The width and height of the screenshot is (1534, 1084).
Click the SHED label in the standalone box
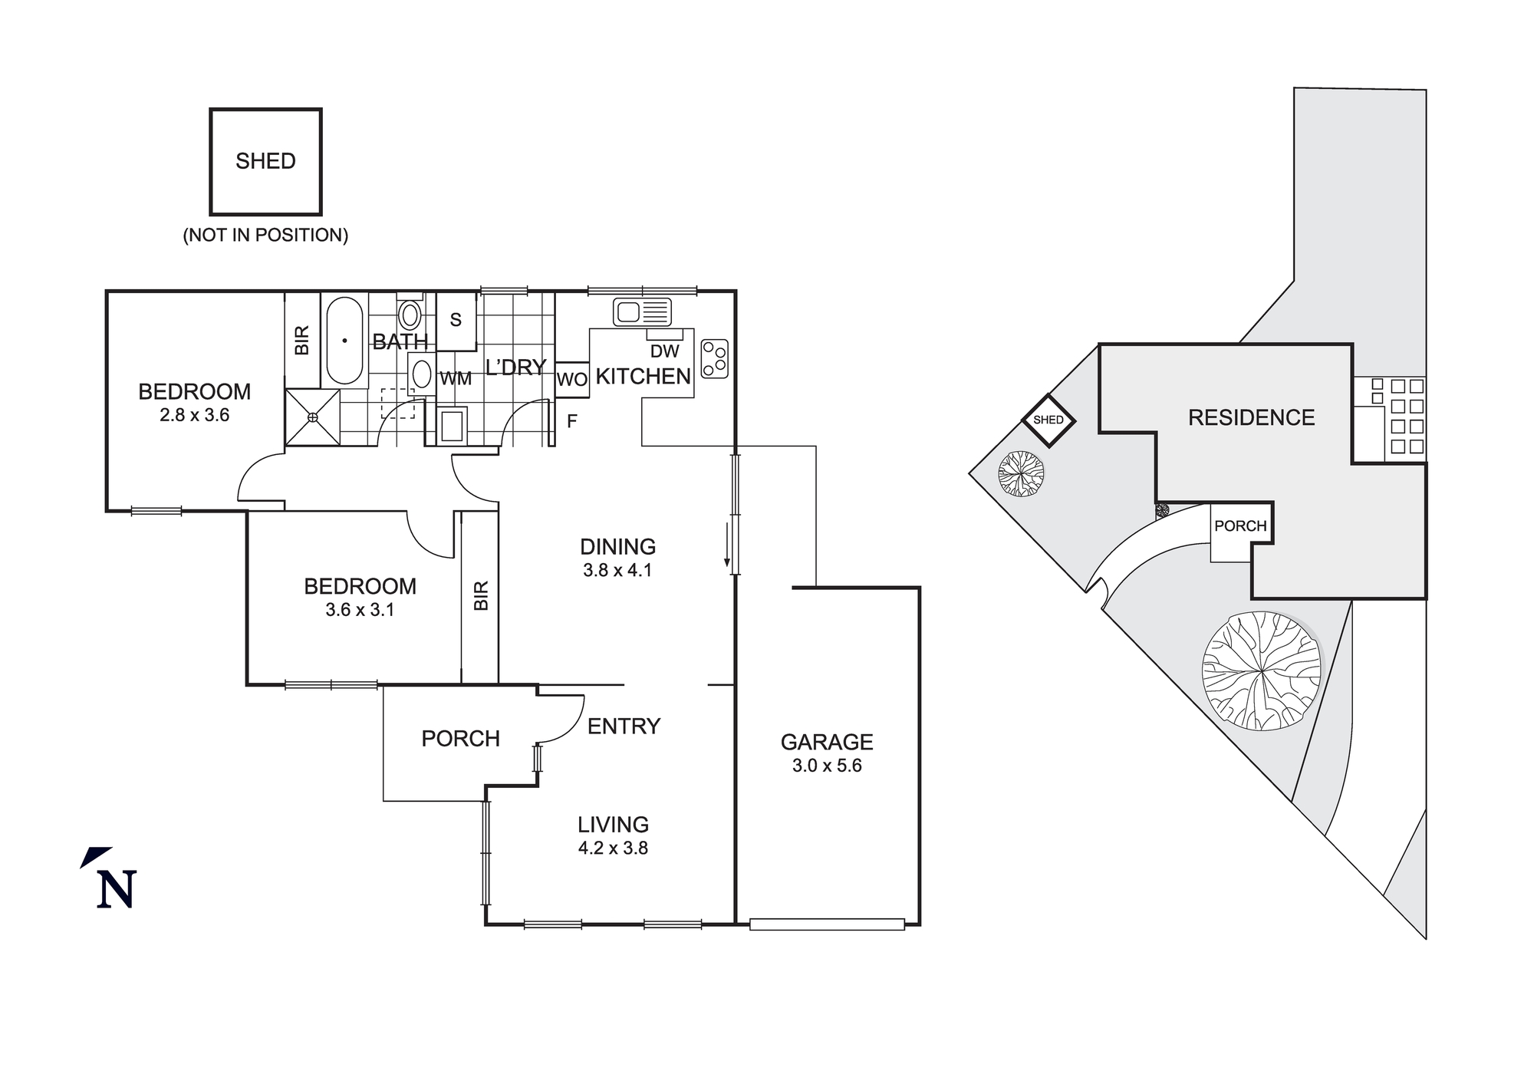click(x=265, y=161)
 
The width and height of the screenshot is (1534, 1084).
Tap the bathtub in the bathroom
click(x=344, y=341)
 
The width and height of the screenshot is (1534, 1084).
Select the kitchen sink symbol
click(x=642, y=312)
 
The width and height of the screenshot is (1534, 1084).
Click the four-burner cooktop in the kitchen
click(x=714, y=359)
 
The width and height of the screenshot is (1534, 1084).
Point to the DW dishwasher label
click(x=664, y=351)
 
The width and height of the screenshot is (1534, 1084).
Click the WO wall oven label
click(x=571, y=380)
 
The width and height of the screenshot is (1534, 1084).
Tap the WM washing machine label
click(x=456, y=379)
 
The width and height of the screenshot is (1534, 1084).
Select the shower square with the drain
click(x=312, y=417)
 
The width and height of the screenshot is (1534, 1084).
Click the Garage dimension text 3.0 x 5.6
click(x=827, y=766)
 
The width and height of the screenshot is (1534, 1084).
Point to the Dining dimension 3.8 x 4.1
click(x=617, y=570)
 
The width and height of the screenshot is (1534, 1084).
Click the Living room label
click(x=613, y=825)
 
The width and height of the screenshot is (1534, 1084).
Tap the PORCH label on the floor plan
click(x=460, y=739)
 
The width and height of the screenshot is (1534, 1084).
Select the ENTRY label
click(x=624, y=727)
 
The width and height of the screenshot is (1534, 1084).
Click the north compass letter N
click(x=117, y=890)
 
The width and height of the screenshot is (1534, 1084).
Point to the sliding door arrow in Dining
click(x=726, y=545)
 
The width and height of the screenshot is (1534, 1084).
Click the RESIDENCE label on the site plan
click(x=1251, y=418)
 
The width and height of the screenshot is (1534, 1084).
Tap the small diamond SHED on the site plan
click(x=1048, y=420)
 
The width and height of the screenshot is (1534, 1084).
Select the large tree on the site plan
click(x=1262, y=671)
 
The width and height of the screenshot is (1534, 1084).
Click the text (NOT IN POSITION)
click(x=265, y=236)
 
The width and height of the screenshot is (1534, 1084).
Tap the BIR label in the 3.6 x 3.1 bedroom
click(x=481, y=595)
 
